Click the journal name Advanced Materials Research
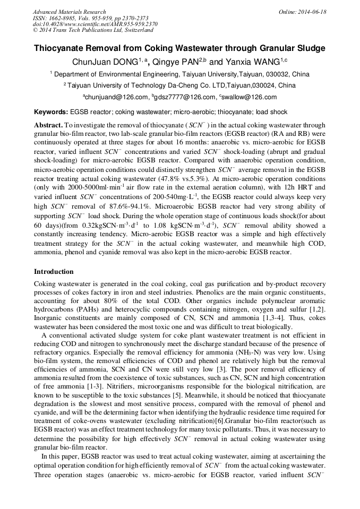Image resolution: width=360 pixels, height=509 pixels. (x=69, y=12)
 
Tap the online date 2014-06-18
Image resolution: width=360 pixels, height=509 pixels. (x=312, y=12)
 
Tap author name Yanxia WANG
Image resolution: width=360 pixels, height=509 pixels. (x=254, y=62)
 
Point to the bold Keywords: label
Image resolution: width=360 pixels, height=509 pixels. (x=51, y=112)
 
